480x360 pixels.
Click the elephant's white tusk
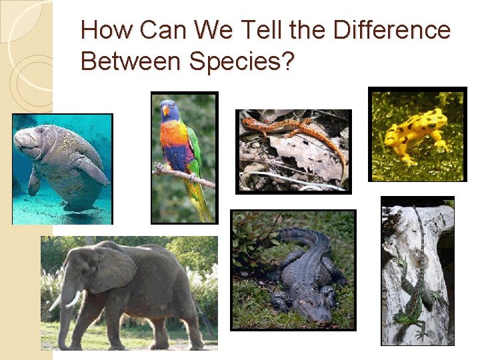pos(73,299)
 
